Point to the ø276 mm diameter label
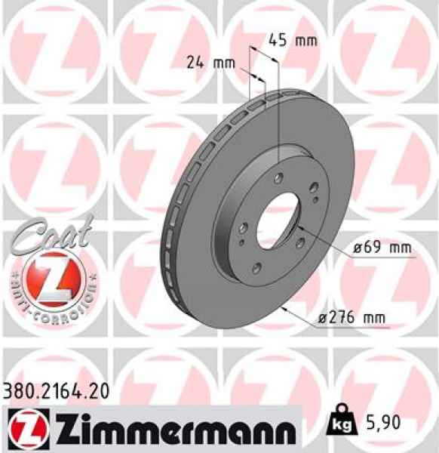(352, 319)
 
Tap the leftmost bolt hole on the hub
(241, 227)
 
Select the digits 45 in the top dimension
(276, 41)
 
